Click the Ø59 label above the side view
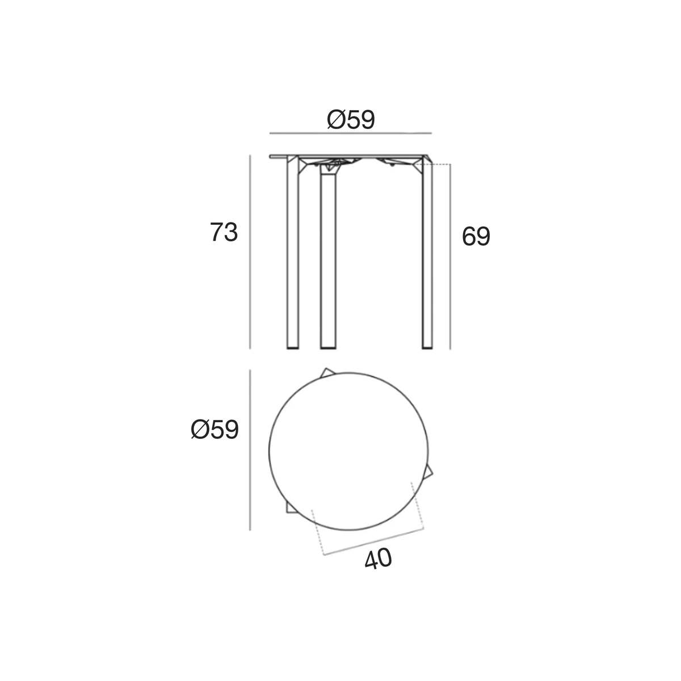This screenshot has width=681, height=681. coord(351,119)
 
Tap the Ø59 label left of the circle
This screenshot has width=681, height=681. coord(215,430)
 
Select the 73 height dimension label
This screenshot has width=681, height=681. coord(224,232)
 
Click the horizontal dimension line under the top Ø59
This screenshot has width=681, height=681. coord(351,133)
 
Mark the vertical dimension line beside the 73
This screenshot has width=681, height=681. coord(250,252)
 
